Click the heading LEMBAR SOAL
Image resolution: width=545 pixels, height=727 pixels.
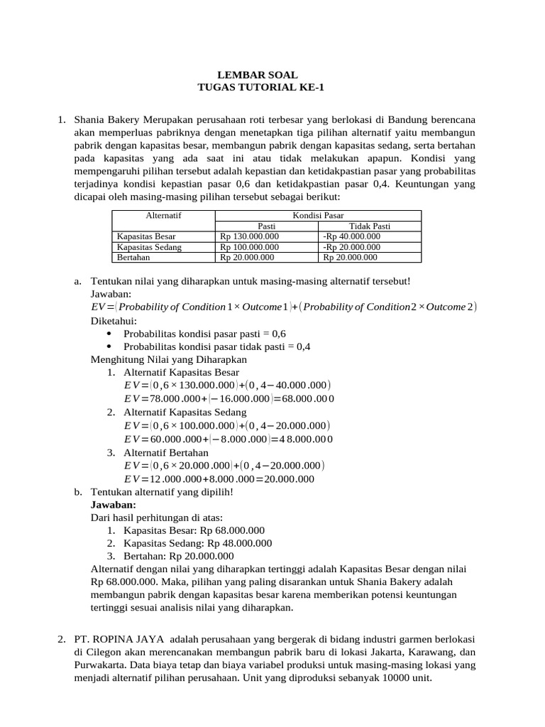click(x=257, y=75)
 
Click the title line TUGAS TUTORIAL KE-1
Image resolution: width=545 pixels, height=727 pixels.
click(x=257, y=87)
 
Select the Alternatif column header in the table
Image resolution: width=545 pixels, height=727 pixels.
click(x=163, y=214)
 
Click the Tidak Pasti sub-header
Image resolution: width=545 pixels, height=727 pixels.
click(x=370, y=226)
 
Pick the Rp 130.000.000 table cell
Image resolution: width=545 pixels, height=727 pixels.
click(x=249, y=236)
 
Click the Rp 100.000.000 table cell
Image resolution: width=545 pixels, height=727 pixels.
click(x=249, y=247)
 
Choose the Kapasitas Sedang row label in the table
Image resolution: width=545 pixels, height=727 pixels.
click(x=149, y=247)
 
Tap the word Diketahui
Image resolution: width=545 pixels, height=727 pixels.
click(x=114, y=320)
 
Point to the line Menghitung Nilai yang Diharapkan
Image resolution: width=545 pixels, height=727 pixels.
click(x=168, y=359)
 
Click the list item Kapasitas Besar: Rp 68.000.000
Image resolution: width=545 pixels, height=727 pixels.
click(x=194, y=530)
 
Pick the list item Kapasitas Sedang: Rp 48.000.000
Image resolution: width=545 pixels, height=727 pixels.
click(x=197, y=543)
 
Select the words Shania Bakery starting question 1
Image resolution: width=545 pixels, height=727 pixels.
click(x=106, y=120)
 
